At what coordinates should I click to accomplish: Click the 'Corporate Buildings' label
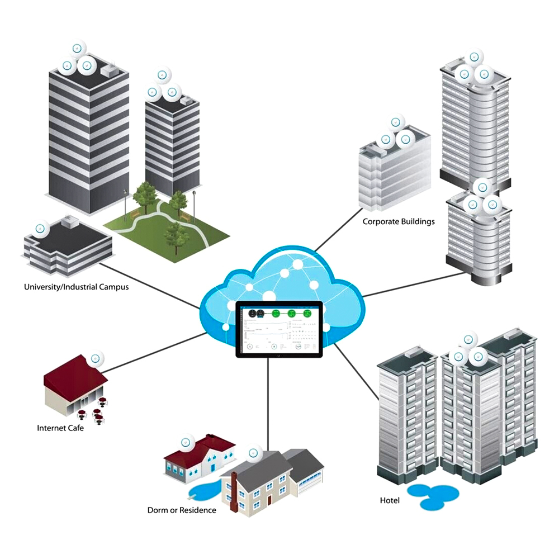(x=399, y=221)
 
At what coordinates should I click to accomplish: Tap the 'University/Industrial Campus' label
(x=76, y=287)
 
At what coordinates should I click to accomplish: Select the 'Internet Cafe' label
(x=60, y=429)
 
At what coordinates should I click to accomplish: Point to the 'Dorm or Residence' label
(x=182, y=510)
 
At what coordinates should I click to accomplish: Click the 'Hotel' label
(x=390, y=500)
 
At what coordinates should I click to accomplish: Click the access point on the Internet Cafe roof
(x=97, y=358)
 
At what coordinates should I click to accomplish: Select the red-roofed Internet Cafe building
(x=73, y=386)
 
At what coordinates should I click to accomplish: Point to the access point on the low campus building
(x=40, y=229)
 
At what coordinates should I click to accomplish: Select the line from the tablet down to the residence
(x=269, y=402)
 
